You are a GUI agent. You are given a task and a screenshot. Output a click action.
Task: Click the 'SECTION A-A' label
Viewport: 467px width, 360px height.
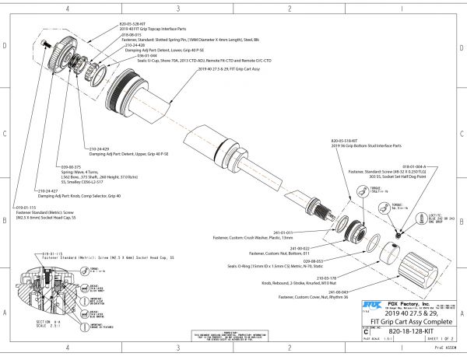(43, 320)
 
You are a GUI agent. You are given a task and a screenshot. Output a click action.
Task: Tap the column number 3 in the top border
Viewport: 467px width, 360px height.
(178, 8)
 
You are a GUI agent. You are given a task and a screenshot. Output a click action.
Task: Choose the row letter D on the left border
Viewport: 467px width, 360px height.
(5, 47)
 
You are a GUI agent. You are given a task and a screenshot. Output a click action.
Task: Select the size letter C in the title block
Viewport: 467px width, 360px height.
(367, 330)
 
